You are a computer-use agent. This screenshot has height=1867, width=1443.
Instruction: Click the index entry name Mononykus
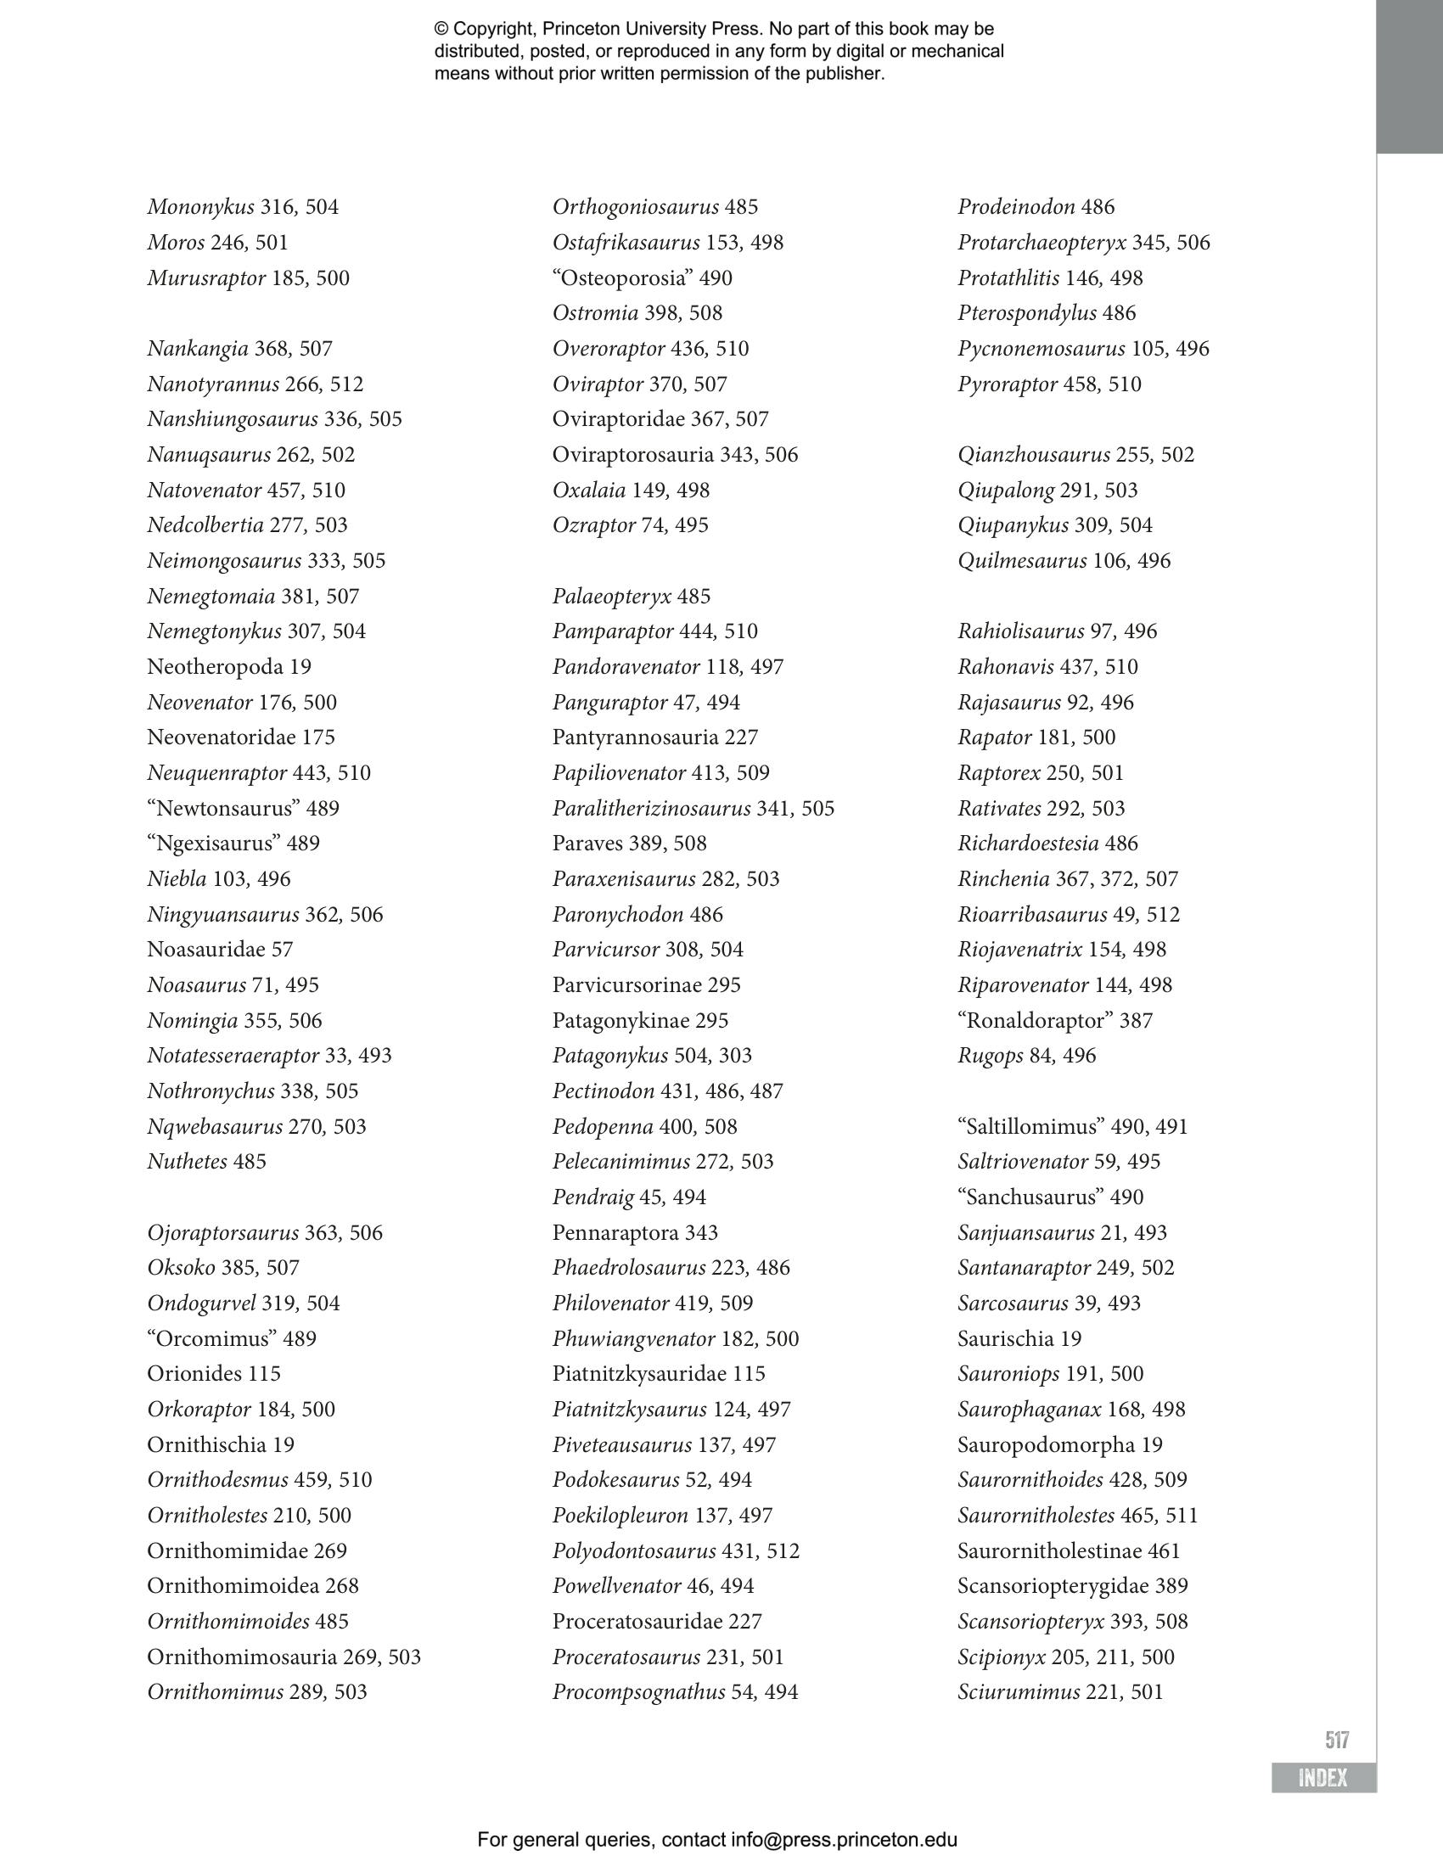[200, 207]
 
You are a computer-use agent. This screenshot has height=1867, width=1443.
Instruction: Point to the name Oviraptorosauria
[632, 455]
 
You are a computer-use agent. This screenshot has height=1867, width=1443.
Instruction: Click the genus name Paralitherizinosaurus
[651, 809]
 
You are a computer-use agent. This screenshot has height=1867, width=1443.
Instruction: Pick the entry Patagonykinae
[626, 1021]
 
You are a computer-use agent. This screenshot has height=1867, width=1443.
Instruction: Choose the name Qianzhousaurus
[1034, 455]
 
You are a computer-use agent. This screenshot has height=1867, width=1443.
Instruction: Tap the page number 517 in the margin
[1337, 1739]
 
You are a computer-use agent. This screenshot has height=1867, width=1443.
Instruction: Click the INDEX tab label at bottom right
[1322, 1778]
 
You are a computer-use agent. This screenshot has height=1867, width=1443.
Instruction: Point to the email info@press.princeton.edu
[844, 1840]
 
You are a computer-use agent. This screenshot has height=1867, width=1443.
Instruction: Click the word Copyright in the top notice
[494, 29]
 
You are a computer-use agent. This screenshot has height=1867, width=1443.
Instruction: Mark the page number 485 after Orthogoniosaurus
[741, 207]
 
